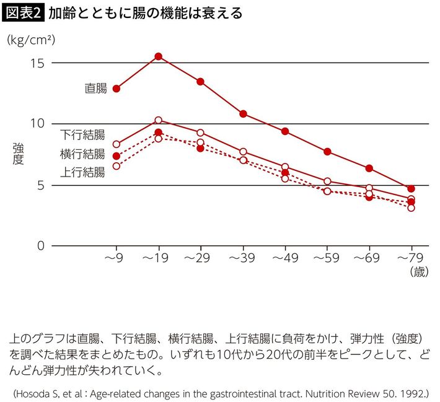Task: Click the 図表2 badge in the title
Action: tap(24, 12)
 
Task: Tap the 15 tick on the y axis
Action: tap(37, 63)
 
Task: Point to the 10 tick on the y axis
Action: tap(37, 124)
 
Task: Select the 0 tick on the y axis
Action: tap(40, 246)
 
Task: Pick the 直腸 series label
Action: tap(95, 89)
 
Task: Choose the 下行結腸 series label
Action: tap(82, 134)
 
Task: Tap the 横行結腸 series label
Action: tap(82, 154)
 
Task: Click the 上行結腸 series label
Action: tap(82, 172)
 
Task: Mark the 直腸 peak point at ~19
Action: tap(158, 56)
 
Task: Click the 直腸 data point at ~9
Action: tap(116, 89)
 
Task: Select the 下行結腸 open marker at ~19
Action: tap(158, 120)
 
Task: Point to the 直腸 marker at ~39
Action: tap(243, 114)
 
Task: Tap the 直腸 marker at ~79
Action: tap(411, 188)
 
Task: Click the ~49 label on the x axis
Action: tap(284, 258)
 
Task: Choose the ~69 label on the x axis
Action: tap(369, 258)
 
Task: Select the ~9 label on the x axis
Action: tap(116, 258)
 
